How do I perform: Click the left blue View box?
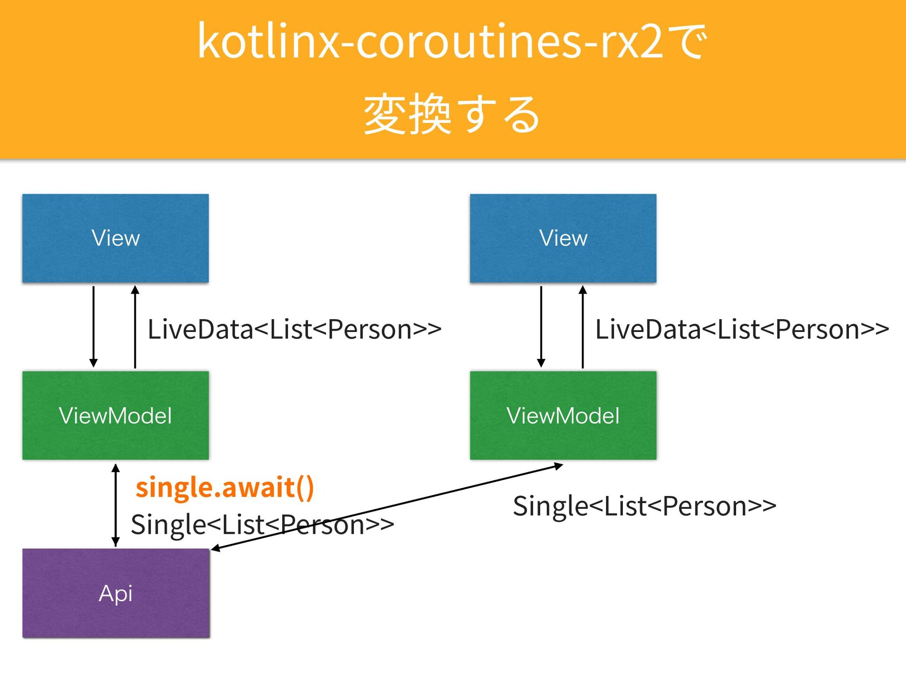pos(116,238)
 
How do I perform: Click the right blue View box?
pos(563,238)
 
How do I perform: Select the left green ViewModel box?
pos(116,415)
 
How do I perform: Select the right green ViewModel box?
pos(563,415)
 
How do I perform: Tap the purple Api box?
pos(116,593)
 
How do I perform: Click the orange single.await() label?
pos(225,488)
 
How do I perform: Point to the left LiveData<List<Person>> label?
pos(294,329)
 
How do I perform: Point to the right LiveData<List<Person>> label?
pos(742,329)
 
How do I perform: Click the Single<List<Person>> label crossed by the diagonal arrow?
pos(262,525)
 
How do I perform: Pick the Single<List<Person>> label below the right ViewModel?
pos(645,506)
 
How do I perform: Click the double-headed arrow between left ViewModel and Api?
pos(116,505)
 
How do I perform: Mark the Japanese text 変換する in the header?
pos(452,115)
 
